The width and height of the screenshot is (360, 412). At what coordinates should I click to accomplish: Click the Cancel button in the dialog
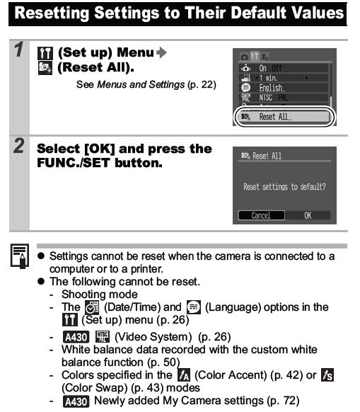point(261,215)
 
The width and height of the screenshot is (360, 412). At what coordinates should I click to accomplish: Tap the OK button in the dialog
point(308,215)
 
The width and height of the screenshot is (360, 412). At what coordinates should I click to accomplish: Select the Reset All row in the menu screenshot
point(284,117)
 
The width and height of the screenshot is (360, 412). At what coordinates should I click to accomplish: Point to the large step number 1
point(19,50)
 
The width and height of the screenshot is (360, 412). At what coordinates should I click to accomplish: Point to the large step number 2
point(19,145)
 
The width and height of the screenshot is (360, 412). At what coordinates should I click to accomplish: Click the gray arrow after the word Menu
point(161,52)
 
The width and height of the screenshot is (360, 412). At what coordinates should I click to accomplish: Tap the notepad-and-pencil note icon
point(20,256)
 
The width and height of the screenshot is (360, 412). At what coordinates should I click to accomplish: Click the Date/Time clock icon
point(92,307)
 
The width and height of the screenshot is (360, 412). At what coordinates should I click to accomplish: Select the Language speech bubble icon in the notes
point(194,307)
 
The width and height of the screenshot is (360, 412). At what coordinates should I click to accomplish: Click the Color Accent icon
point(184,375)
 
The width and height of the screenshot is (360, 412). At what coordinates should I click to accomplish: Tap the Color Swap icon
point(327,375)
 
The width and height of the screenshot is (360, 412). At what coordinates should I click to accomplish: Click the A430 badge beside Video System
point(76,337)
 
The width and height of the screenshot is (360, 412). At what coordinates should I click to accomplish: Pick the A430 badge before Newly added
point(76,401)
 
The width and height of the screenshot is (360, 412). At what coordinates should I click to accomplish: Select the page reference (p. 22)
point(202,85)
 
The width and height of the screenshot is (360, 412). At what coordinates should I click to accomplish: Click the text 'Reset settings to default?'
point(284,187)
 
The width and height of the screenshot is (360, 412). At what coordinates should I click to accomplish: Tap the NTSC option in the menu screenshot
point(265,98)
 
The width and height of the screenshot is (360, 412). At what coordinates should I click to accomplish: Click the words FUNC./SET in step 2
point(74,163)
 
